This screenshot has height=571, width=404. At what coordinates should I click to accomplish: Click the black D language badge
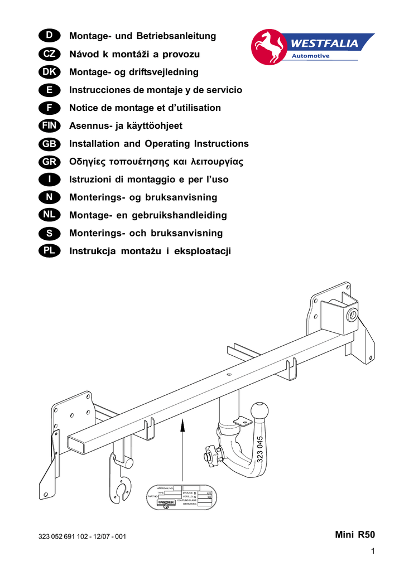click(x=49, y=36)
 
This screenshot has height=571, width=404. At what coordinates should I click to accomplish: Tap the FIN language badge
click(x=49, y=126)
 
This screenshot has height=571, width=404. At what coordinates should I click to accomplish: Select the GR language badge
click(x=49, y=162)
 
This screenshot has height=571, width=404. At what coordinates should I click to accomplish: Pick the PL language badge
click(x=49, y=251)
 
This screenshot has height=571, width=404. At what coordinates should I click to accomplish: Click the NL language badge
click(x=49, y=215)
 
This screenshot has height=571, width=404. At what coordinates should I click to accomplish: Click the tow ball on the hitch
click(x=259, y=411)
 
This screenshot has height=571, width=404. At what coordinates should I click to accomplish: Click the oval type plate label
click(x=180, y=497)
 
